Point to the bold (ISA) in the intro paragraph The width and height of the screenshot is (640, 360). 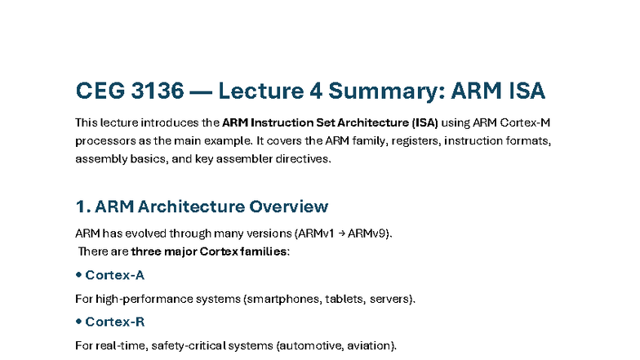coord(423,122)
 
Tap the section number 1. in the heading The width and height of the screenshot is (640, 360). coord(82,207)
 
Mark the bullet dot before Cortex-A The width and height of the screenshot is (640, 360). coord(78,275)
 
